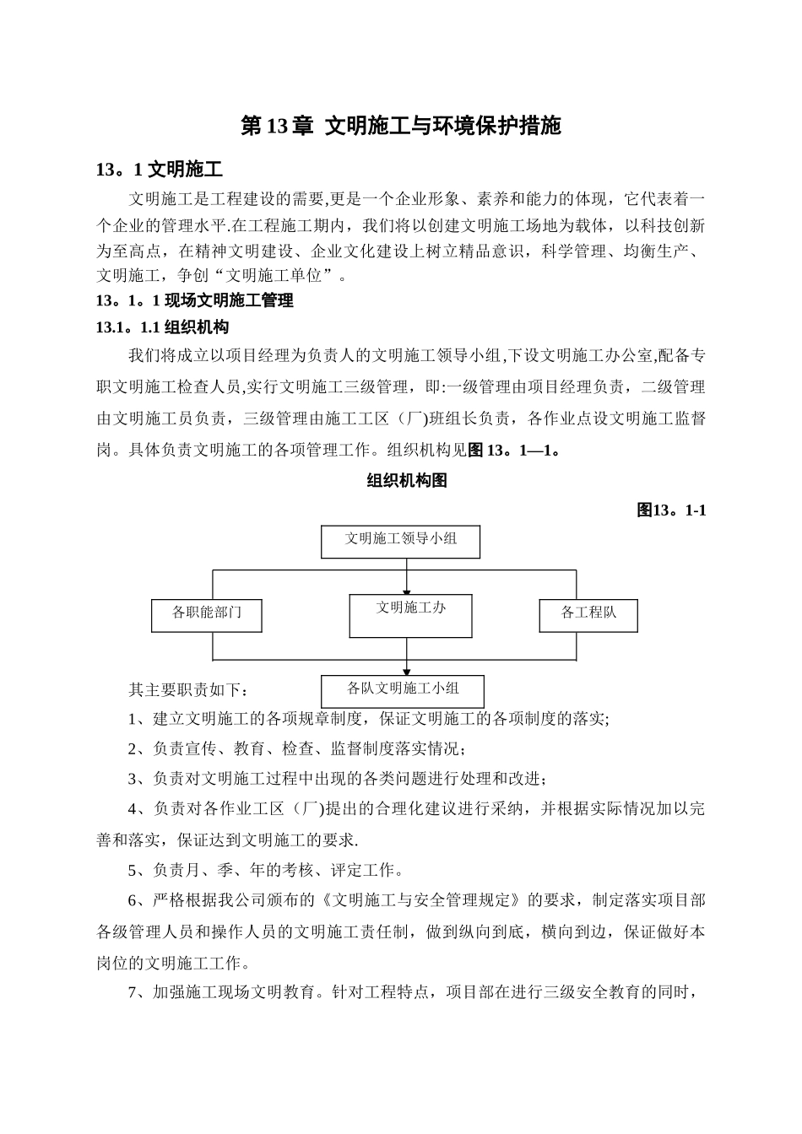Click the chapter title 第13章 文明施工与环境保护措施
pyautogui.click(x=401, y=127)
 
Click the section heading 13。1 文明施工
pyautogui.click(x=160, y=170)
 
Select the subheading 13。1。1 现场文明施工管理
pyautogui.click(x=195, y=300)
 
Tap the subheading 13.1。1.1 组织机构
pyautogui.click(x=162, y=327)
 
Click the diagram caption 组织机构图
pyautogui.click(x=406, y=481)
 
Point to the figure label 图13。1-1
pyautogui.click(x=671, y=510)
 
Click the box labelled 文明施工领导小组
pyautogui.click(x=400, y=541)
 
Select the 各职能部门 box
pyautogui.click(x=206, y=615)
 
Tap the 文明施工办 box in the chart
pyautogui.click(x=410, y=615)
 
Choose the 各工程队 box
pyautogui.click(x=588, y=615)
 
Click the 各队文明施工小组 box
pyautogui.click(x=403, y=690)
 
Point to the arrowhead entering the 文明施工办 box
pyautogui.click(x=407, y=591)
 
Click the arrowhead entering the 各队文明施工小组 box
pyautogui.click(x=407, y=671)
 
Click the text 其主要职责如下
pyautogui.click(x=188, y=690)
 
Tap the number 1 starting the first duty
pyautogui.click(x=133, y=720)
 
